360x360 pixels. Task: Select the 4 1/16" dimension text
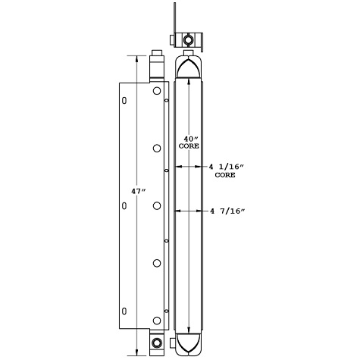(225, 166)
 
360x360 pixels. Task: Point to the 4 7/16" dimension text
(225, 213)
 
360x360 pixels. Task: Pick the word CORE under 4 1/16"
(225, 174)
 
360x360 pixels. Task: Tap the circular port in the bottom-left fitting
(157, 344)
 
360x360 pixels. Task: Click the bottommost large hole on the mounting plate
(157, 319)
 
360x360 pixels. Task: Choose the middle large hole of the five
(157, 205)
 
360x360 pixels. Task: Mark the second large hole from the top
(157, 148)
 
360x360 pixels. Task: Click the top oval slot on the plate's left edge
(124, 100)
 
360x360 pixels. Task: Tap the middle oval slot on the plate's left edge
(124, 205)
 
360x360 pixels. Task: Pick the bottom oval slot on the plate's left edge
(124, 310)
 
